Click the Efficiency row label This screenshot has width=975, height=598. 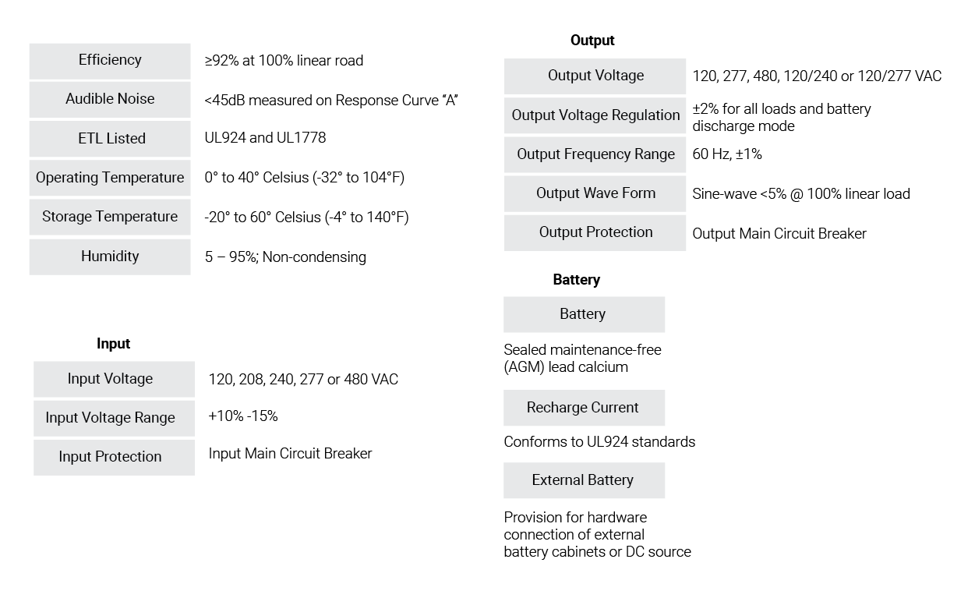110,61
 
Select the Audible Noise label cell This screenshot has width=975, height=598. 110,100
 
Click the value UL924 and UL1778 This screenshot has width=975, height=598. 265,138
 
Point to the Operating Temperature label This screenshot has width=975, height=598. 110,178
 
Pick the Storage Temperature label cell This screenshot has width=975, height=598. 110,218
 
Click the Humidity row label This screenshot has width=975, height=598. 110,257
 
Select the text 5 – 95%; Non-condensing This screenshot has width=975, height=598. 285,257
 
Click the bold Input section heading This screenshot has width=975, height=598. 113,344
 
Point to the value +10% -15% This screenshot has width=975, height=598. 243,416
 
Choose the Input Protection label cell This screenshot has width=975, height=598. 114,458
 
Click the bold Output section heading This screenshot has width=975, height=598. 592,41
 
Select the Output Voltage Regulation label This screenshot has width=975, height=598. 595,115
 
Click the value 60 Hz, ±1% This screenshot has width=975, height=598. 727,154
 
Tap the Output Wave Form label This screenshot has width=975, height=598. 595,194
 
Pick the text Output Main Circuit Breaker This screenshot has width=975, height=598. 779,234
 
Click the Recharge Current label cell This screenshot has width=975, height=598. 584,408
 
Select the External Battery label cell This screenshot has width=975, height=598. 584,480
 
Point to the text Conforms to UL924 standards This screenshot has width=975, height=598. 599,442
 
